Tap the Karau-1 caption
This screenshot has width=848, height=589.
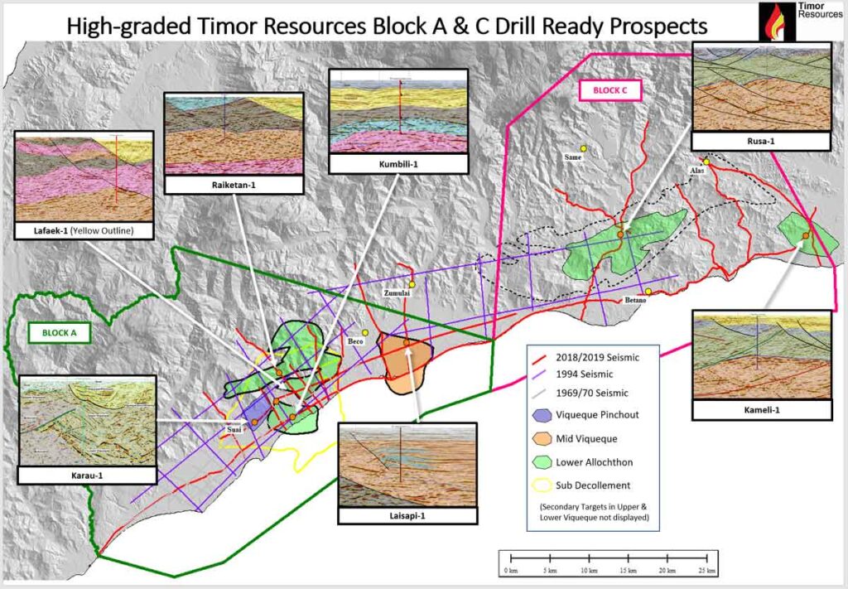coord(87,475)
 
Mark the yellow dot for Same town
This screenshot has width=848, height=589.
coord(583,149)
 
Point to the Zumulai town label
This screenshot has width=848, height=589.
coord(397,295)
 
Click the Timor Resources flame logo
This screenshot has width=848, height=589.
coord(777,22)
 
